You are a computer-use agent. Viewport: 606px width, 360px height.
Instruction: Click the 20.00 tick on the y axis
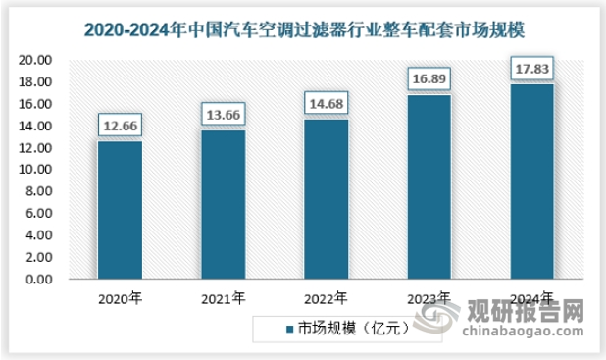pyautogui.click(x=36, y=61)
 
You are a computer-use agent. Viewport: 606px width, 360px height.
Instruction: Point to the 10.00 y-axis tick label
pyautogui.click(x=36, y=170)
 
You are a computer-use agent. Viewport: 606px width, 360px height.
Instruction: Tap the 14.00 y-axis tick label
pyautogui.click(x=36, y=127)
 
